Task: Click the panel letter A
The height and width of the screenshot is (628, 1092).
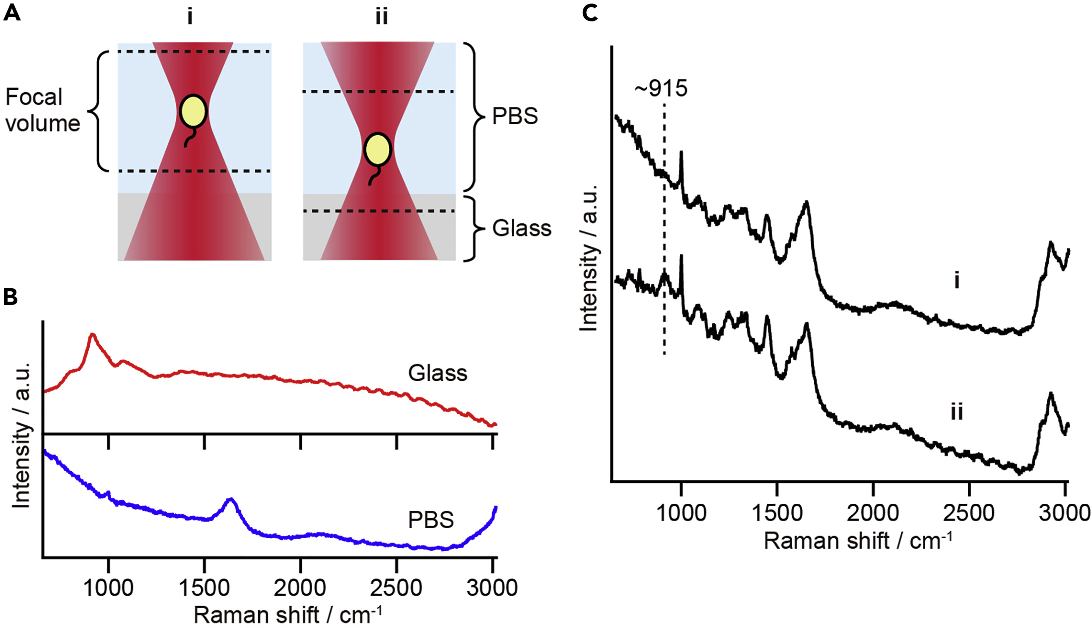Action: (11, 12)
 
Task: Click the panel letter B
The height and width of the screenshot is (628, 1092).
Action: (10, 297)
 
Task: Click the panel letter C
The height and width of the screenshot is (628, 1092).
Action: (590, 12)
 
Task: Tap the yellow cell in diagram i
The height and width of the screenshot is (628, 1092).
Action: (193, 111)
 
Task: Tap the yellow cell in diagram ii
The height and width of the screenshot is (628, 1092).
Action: (378, 150)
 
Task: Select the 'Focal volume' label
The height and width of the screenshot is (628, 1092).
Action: (42, 110)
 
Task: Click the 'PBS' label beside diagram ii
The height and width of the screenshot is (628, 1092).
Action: (515, 116)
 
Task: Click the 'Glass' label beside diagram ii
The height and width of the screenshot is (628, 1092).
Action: (522, 229)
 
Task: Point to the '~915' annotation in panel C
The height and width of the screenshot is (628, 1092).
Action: (661, 88)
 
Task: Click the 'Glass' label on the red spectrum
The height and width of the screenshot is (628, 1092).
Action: (437, 373)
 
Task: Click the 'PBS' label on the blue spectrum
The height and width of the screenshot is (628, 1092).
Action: (431, 520)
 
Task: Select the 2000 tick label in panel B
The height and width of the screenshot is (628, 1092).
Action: (300, 588)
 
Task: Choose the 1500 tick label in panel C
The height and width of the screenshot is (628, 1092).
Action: (777, 513)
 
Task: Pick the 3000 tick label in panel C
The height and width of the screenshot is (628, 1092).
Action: (1064, 513)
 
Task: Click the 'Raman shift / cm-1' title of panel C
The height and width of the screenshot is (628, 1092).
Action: (858, 541)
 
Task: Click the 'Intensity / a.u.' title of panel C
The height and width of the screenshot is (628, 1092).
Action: (589, 258)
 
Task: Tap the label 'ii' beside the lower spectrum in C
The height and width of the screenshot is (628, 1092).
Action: (956, 412)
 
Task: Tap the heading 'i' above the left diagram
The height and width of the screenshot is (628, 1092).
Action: (190, 17)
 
